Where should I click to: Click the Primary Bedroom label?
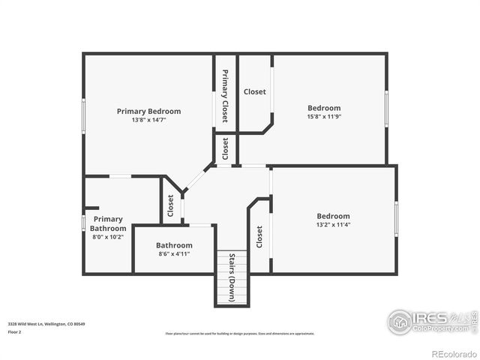pyautogui.click(x=148, y=111)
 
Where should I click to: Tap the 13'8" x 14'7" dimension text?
pyautogui.click(x=148, y=120)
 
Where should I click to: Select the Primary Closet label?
pyautogui.click(x=224, y=96)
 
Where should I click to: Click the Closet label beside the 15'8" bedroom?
pyautogui.click(x=254, y=92)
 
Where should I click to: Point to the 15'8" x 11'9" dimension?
pyautogui.click(x=323, y=117)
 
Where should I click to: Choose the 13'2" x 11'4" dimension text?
pyautogui.click(x=333, y=224)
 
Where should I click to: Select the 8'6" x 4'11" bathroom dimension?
pyautogui.click(x=174, y=254)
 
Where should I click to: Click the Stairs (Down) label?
pyautogui.click(x=232, y=278)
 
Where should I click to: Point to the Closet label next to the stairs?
pyautogui.click(x=259, y=237)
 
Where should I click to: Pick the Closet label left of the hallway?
pyautogui.click(x=171, y=205)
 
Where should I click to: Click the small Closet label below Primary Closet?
pyautogui.click(x=225, y=148)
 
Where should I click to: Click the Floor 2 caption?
pyautogui.click(x=15, y=331)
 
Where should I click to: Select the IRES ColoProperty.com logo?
pyautogui.click(x=430, y=321)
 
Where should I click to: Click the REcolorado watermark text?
pyautogui.click(x=453, y=353)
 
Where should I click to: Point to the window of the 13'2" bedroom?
pyautogui.click(x=396, y=219)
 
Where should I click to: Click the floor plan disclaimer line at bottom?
pyautogui.click(x=240, y=334)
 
